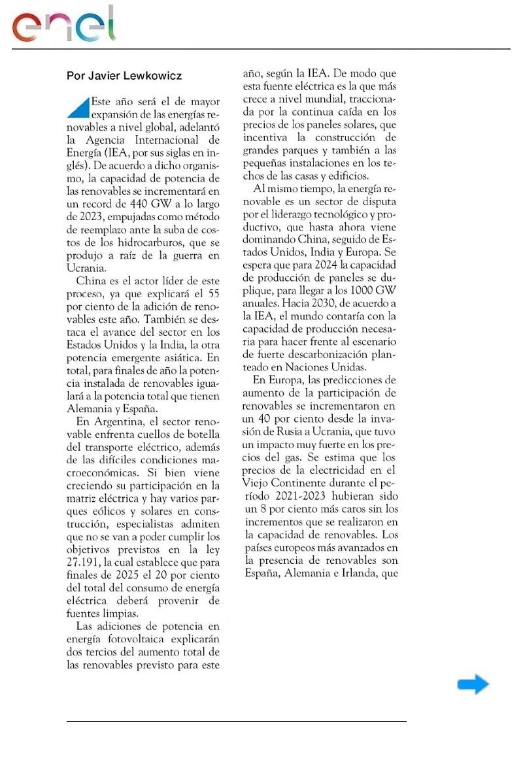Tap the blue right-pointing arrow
coord(473,684)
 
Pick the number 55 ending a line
coord(212,294)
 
